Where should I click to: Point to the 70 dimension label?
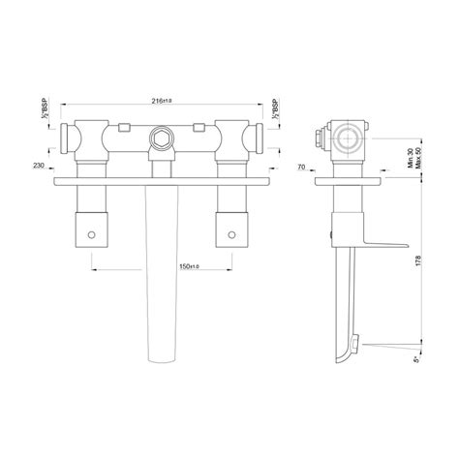(x=302, y=166)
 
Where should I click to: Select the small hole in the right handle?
(x=231, y=234)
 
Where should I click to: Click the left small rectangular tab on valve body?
(x=123, y=127)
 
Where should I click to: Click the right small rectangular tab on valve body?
(x=199, y=127)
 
